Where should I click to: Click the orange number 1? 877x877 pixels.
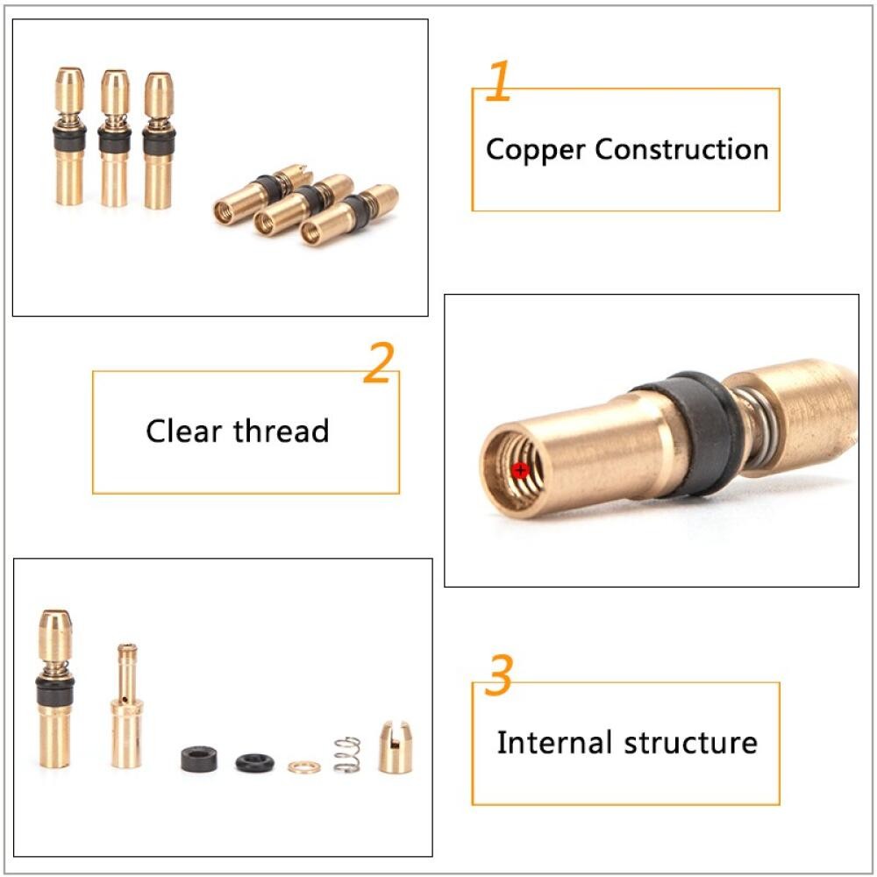click(499, 81)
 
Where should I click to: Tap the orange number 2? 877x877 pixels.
click(379, 362)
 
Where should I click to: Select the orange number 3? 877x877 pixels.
click(498, 674)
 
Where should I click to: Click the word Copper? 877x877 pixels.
click(536, 151)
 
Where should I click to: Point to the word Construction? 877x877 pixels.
click(681, 149)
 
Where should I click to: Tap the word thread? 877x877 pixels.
click(282, 431)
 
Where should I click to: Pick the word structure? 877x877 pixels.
click(691, 744)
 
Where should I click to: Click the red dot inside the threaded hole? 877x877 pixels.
click(520, 470)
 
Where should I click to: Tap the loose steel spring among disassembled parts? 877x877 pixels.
click(347, 754)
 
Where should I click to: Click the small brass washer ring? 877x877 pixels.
click(304, 766)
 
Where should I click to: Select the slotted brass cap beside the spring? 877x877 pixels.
click(396, 747)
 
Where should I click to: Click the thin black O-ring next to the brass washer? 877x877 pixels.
click(254, 763)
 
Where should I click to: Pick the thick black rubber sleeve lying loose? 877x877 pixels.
click(200, 759)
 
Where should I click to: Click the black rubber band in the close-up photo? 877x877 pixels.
click(694, 433)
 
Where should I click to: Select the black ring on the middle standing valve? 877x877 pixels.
click(115, 141)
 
